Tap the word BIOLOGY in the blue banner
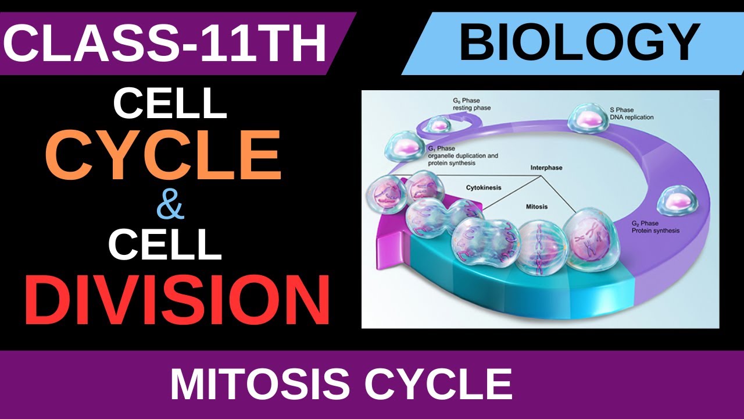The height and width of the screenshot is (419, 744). (579, 43)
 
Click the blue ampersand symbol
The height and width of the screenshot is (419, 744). (170, 207)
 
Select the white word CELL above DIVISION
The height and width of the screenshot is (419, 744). (165, 244)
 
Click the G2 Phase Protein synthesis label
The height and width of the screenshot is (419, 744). (655, 227)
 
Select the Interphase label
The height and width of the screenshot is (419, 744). (546, 168)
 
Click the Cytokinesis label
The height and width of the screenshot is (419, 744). (484, 188)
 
